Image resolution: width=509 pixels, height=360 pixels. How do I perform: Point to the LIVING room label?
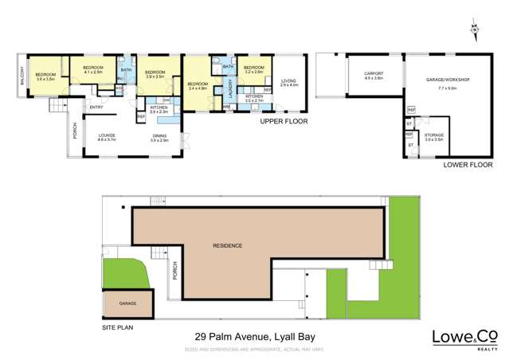coord(288,82)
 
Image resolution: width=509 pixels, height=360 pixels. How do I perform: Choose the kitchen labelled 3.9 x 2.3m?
coord(159,109)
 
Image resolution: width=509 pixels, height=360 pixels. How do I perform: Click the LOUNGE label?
coord(107,137)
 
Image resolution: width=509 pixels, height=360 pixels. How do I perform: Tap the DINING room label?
coord(159,137)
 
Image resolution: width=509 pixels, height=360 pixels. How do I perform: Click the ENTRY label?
coord(96,108)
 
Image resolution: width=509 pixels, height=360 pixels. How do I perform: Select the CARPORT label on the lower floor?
coord(374,76)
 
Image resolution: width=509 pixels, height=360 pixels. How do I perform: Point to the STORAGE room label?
coord(433,137)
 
